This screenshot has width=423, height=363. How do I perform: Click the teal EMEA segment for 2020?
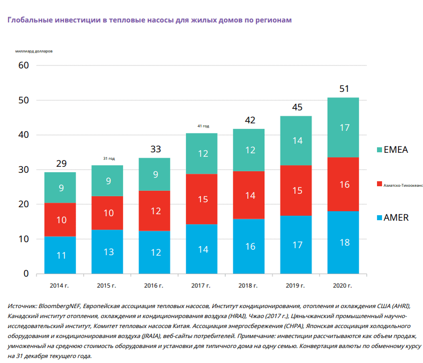click(343, 127)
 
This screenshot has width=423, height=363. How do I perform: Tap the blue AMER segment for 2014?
click(60, 255)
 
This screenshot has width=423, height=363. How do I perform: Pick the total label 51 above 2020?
click(344, 89)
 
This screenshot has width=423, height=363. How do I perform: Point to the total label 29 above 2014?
click(61, 163)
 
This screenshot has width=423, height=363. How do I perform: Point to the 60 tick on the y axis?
click(23, 65)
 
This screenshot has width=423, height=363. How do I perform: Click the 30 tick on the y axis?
click(23, 170)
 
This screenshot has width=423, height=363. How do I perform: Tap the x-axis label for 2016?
click(154, 286)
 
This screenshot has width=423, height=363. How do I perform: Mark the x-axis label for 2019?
click(296, 286)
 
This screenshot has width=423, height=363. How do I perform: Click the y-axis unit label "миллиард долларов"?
click(33, 51)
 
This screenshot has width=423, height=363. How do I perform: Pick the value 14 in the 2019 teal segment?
click(297, 141)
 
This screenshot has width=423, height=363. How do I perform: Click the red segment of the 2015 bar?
click(107, 213)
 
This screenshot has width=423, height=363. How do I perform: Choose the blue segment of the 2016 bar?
click(155, 252)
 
